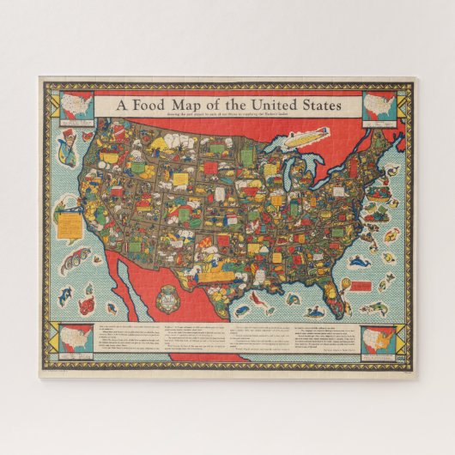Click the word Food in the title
click(155, 105)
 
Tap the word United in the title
click(272, 105)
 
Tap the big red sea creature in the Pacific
click(87, 305)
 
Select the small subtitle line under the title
click(228, 117)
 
